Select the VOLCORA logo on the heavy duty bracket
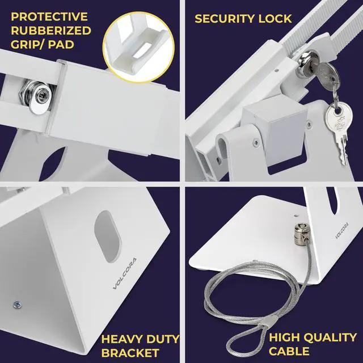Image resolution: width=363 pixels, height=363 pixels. tap(123, 275)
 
